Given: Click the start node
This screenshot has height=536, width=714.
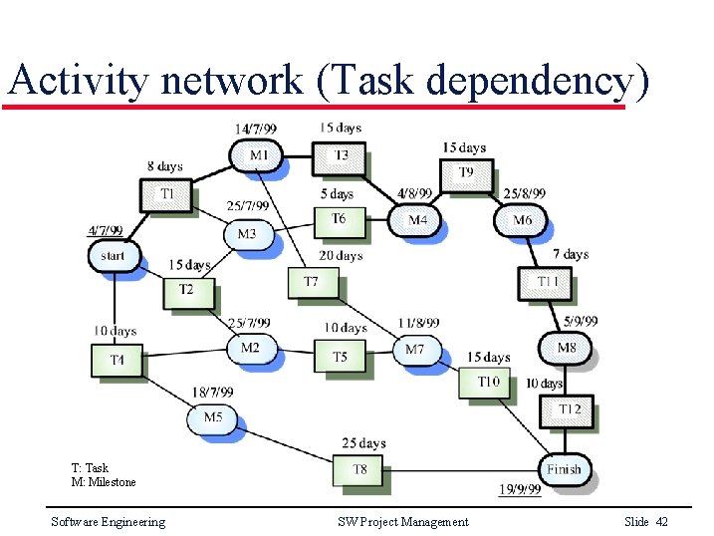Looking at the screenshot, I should tap(114, 256).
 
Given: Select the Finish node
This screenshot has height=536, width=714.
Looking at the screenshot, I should tap(564, 469).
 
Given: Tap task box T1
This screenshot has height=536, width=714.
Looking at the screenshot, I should tap(166, 193).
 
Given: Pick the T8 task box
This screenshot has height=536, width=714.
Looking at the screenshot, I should tap(359, 469).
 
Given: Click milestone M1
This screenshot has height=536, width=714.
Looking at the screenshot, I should tap(258, 155).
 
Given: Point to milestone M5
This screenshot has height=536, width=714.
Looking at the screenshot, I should tap(212, 417).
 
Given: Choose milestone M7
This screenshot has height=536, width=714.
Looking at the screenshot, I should tap(414, 350).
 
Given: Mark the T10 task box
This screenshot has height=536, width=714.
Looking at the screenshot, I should tap(488, 382).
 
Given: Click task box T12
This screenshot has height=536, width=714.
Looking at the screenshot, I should tap(569, 409).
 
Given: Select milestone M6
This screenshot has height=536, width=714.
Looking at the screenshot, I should tap(522, 220).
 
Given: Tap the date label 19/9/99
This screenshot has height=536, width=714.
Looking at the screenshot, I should tap(520, 489).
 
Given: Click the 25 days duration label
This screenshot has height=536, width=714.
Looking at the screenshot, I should tap(363, 443).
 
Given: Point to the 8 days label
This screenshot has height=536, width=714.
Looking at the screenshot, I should tap(164, 166).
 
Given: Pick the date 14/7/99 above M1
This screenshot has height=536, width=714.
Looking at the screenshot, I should tap(256, 129).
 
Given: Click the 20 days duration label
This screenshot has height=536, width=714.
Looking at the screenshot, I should tap(341, 256).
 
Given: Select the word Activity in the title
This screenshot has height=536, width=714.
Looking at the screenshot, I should tap(77, 79).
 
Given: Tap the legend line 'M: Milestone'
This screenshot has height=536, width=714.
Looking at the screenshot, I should tap(104, 482).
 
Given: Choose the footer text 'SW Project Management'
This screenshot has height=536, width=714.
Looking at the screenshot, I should tap(402, 522).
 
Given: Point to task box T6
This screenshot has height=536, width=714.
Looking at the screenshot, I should tap(339, 219).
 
